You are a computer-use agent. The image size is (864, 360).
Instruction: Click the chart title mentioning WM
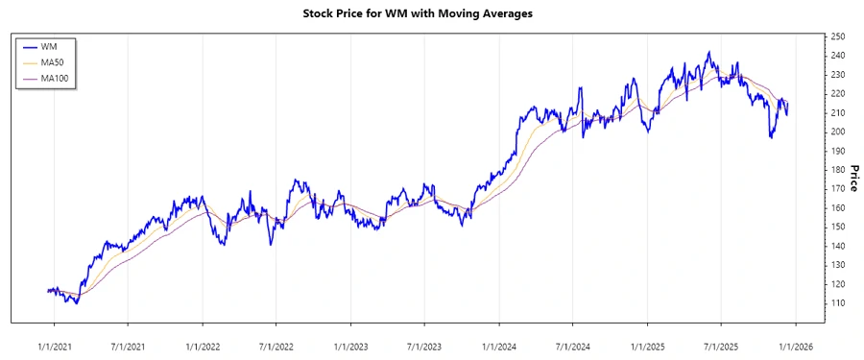tap(431, 13)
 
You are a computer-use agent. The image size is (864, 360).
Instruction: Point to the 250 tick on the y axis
tap(838, 36)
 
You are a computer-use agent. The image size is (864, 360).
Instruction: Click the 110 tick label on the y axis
tap(838, 303)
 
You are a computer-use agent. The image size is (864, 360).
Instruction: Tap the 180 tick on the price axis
tap(838, 170)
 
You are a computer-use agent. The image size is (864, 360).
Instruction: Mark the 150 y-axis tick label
tap(838, 227)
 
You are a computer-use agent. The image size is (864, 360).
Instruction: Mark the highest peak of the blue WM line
tap(708, 53)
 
